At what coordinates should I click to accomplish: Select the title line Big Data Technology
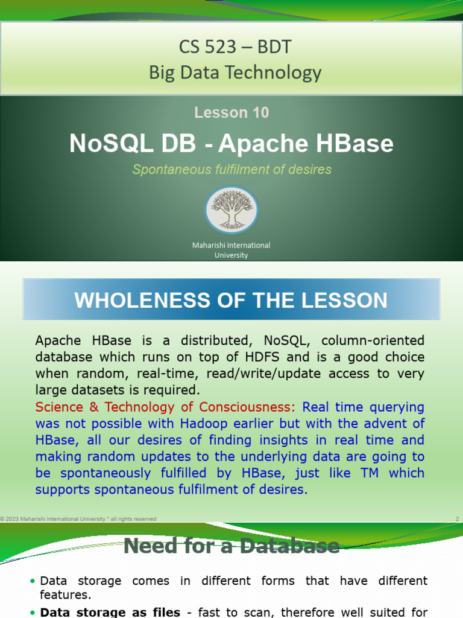point(236,73)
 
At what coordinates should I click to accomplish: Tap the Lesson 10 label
point(231,112)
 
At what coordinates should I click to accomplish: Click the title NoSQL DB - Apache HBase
point(231,144)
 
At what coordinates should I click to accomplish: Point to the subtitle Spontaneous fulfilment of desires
point(231,170)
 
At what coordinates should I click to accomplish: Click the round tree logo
point(231,210)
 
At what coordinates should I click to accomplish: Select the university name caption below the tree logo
point(231,250)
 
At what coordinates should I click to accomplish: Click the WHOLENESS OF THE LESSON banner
point(231,300)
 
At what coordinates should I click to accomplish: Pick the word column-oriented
point(374,341)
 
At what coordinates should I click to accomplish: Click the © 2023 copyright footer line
point(78,518)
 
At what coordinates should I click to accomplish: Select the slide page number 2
point(458,518)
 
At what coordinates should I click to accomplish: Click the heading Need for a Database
point(231,547)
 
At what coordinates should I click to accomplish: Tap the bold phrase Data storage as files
point(110,612)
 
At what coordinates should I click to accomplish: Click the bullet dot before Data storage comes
point(32,582)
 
